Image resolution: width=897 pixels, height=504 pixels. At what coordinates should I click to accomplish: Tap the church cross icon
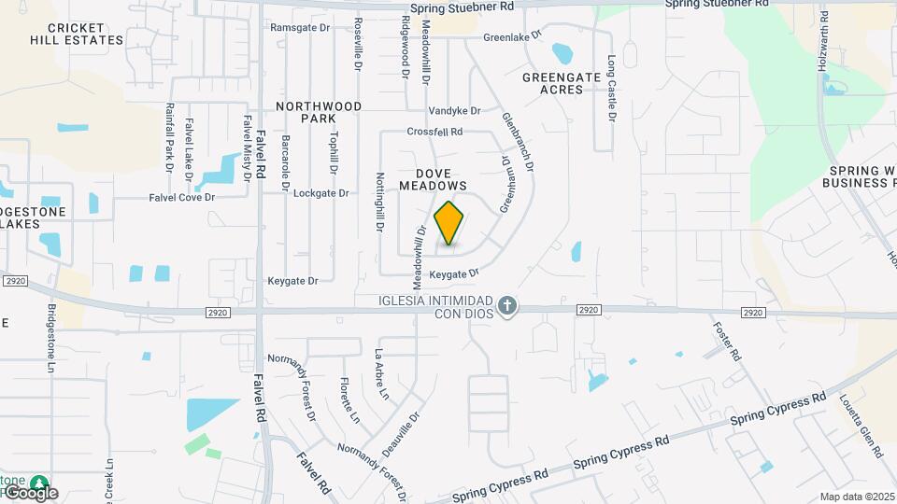tap(506, 306)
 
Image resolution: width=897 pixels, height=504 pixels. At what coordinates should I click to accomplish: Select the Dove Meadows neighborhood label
tap(434, 179)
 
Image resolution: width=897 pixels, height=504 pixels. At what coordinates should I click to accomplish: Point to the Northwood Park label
tap(319, 112)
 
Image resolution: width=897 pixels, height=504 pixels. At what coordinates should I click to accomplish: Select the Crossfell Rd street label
tap(434, 133)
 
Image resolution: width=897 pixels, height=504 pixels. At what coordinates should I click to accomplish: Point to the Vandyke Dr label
tap(454, 110)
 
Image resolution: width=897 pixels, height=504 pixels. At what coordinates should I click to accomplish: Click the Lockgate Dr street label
tap(320, 193)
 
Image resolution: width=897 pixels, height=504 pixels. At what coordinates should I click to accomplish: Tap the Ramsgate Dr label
tap(300, 28)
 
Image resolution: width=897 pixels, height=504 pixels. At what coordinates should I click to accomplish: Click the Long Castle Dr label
tap(612, 88)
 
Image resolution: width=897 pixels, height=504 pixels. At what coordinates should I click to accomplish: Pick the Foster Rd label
tap(727, 343)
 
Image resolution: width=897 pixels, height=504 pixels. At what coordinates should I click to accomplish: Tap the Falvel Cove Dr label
tap(182, 198)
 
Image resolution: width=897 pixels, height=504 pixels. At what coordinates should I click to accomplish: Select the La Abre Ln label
tap(381, 374)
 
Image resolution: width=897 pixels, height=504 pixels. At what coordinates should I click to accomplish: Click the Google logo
tap(30, 492)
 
